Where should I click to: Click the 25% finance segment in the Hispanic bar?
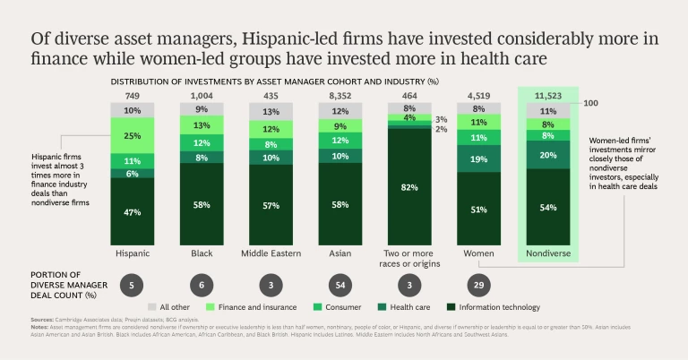pos(133,136)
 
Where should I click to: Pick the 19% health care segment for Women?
pos(477,158)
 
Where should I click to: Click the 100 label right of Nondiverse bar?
pos(590,104)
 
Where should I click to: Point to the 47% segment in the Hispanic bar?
pos(133,213)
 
